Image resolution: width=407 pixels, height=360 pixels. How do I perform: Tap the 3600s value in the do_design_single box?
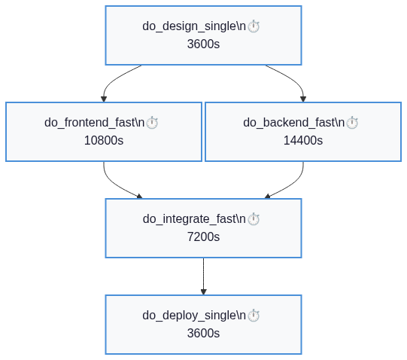[203, 44]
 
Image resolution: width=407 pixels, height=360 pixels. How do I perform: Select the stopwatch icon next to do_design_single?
[254, 26]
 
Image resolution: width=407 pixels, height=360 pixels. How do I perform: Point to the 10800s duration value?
[104, 140]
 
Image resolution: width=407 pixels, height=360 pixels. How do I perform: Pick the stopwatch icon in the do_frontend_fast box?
[152, 123]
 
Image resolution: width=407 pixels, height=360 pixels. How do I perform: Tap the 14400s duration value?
[303, 140]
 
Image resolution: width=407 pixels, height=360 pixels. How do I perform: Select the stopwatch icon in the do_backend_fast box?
[352, 123]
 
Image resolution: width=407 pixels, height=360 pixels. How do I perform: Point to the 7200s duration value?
[203, 236]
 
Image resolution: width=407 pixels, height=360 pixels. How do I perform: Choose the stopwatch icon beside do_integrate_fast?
[254, 219]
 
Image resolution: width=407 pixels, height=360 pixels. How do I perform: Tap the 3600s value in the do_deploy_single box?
[203, 333]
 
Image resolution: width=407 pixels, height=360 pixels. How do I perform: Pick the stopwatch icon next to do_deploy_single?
[254, 316]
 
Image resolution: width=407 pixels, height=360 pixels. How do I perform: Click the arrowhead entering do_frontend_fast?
[104, 99]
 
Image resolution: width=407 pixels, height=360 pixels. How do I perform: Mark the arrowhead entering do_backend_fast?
[303, 99]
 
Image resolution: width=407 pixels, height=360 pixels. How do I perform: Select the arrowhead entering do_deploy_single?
[203, 292]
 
